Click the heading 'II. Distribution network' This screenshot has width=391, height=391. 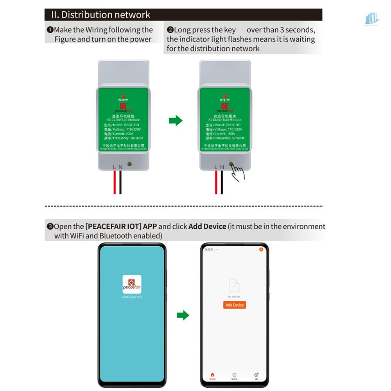point(100,15)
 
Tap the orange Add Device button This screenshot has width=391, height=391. point(235,305)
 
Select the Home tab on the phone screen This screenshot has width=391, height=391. point(212,376)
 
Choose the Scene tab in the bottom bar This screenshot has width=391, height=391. point(234,376)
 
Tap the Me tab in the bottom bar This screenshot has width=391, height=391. point(256,376)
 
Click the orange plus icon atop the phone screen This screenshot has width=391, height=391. point(261,249)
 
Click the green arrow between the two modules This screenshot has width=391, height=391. point(176,120)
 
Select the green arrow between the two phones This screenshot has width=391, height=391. point(183,315)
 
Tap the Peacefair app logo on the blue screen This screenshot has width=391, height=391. point(132,284)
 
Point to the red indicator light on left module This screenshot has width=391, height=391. point(123,96)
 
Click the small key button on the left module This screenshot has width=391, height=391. point(129,165)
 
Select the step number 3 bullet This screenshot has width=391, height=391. point(50,226)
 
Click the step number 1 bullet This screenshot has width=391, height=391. point(50,30)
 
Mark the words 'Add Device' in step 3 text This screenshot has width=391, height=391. point(207,226)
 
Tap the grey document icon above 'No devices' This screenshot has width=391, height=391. point(234,286)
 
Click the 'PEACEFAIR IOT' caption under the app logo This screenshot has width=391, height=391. point(132,297)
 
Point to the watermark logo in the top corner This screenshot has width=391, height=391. point(371,19)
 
